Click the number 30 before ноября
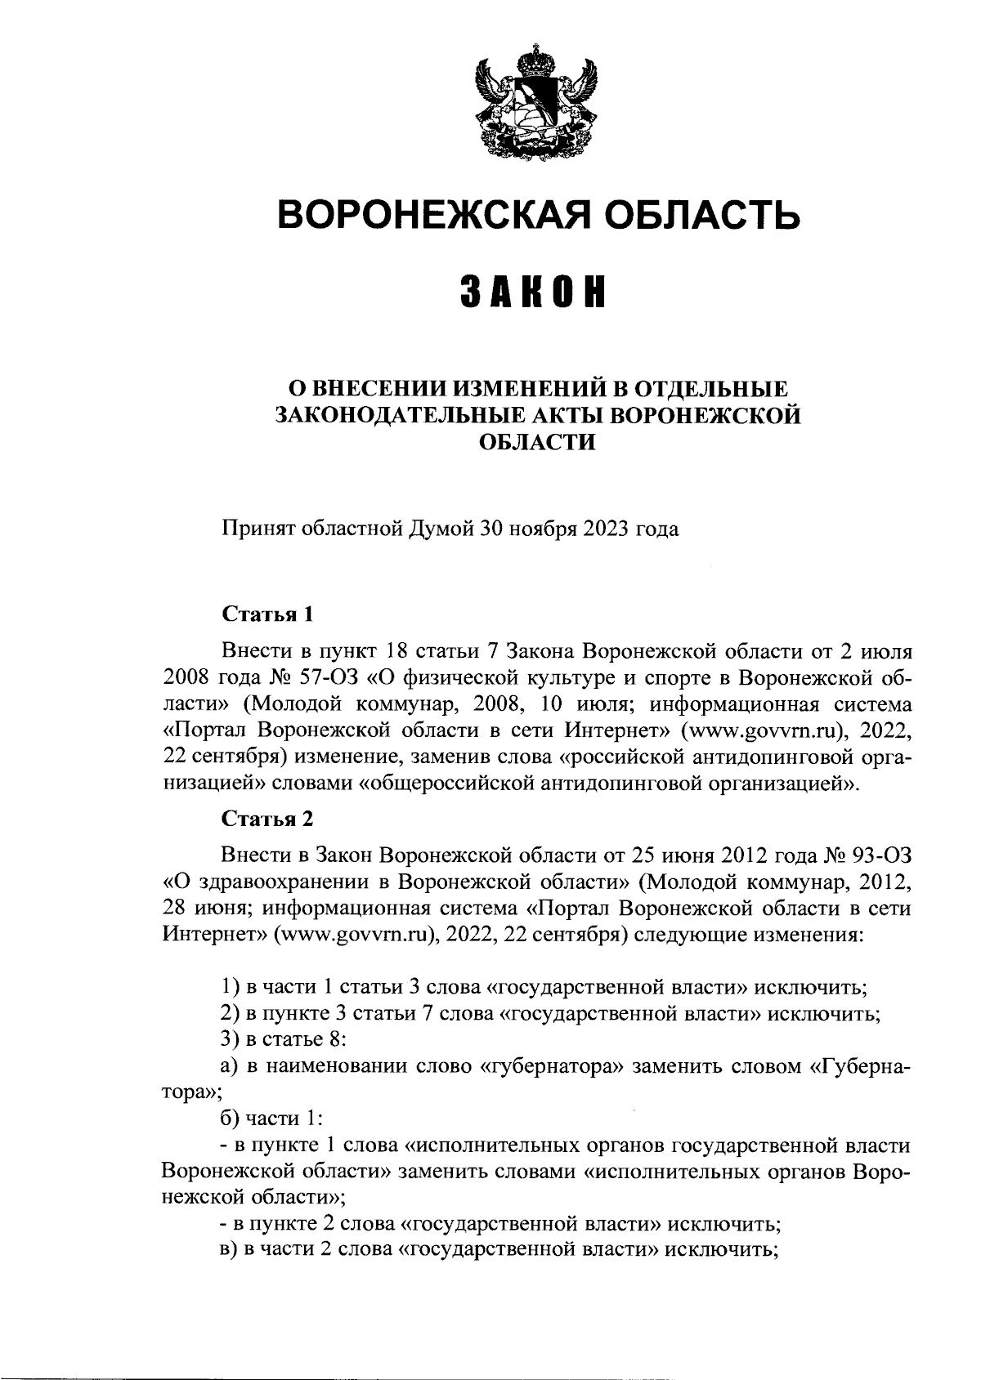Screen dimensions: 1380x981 pos(492,529)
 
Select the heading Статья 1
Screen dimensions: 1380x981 pos(267,614)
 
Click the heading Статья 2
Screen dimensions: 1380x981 pos(267,818)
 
